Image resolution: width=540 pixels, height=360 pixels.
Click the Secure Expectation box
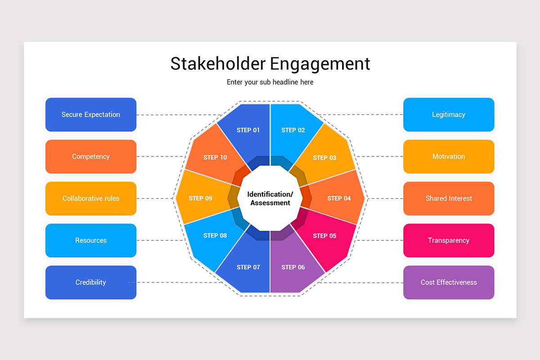[x=91, y=115]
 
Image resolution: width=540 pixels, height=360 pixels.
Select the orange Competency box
[x=91, y=157]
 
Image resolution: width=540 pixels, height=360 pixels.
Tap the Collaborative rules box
[x=91, y=198]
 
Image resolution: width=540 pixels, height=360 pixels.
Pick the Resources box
[x=91, y=240]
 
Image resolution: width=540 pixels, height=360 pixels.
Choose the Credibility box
[x=91, y=283]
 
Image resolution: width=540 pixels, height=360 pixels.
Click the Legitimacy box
[x=449, y=115]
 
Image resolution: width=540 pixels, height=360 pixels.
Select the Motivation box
[x=449, y=157]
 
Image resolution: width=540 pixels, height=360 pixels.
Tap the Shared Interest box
[x=449, y=198]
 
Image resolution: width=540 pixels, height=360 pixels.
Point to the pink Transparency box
[x=449, y=240]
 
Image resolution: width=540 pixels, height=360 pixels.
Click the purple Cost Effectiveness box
[x=449, y=283]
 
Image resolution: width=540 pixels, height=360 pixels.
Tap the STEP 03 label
[x=324, y=158]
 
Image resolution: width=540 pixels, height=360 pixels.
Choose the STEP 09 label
[x=200, y=198]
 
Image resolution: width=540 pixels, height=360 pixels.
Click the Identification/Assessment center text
[x=270, y=198]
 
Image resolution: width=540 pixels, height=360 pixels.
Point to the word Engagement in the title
[x=320, y=63]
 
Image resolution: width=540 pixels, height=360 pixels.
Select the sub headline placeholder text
[x=270, y=82]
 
